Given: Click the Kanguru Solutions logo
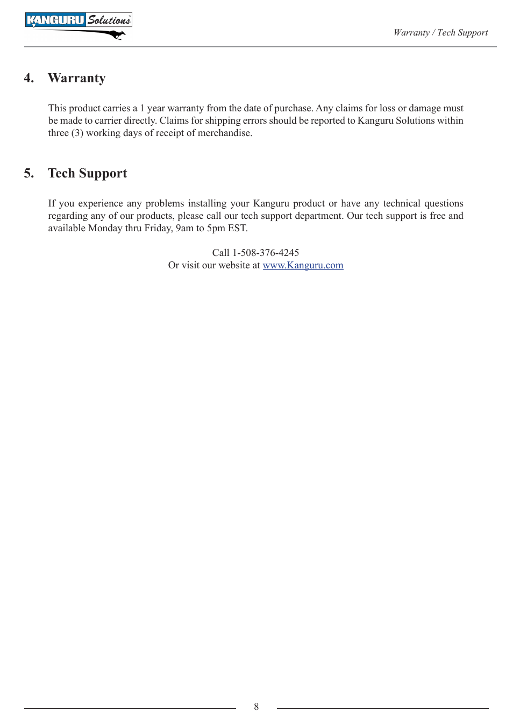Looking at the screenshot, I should point(79,20).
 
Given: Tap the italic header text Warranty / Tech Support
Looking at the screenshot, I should point(440,33).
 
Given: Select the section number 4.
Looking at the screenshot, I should point(29,79).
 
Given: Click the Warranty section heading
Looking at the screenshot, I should point(77,79).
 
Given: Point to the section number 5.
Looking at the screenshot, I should point(29,174).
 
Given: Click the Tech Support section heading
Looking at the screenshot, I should point(88,174).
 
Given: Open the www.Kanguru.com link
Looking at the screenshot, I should point(303,265).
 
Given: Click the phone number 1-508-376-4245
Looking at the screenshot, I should point(266,253).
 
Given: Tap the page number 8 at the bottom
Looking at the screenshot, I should point(256,707).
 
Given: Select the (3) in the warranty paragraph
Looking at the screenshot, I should point(77,133).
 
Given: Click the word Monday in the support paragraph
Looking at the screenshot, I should point(105,228).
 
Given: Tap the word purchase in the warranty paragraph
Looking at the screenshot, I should point(293,108).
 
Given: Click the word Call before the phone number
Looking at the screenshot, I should point(220,253).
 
